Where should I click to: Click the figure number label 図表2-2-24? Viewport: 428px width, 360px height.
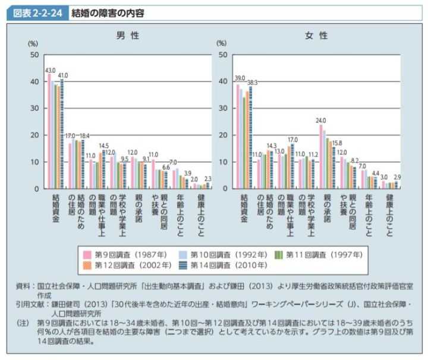pyautogui.click(x=35, y=12)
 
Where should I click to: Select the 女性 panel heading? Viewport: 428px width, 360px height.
pyautogui.click(x=317, y=36)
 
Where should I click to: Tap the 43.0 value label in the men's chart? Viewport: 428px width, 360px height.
pyautogui.click(x=50, y=70)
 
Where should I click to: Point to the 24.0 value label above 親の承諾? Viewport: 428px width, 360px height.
pyautogui.click(x=322, y=119)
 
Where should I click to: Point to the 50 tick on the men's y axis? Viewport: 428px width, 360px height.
pyautogui.click(x=34, y=55)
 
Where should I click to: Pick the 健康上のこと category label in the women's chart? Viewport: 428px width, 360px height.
pyautogui.click(x=389, y=214)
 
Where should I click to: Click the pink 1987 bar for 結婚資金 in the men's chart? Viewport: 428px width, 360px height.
pyautogui.click(x=49, y=131)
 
